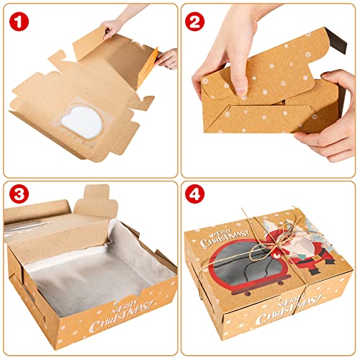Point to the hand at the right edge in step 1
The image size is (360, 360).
click(167, 58)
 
